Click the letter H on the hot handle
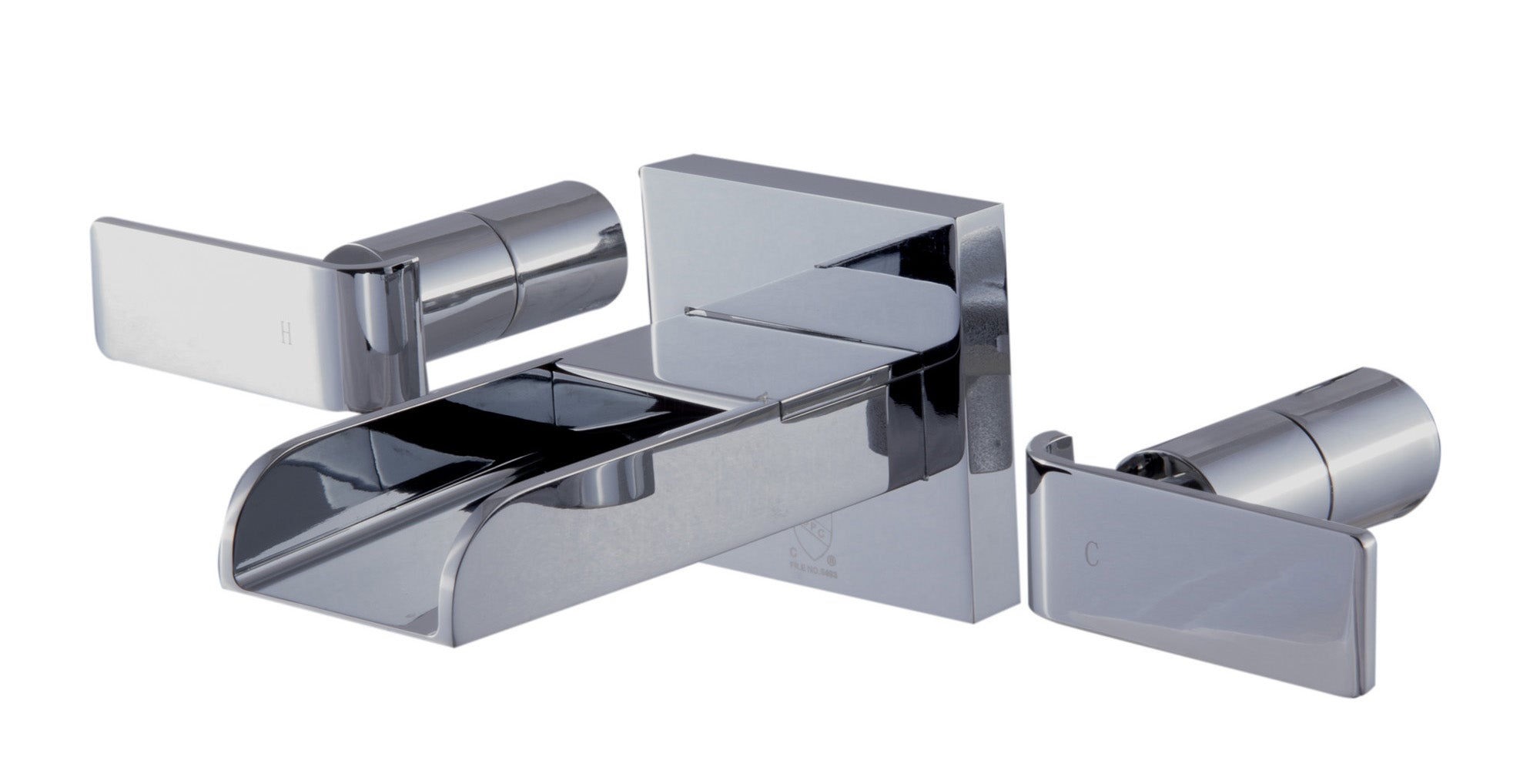(x=286, y=333)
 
